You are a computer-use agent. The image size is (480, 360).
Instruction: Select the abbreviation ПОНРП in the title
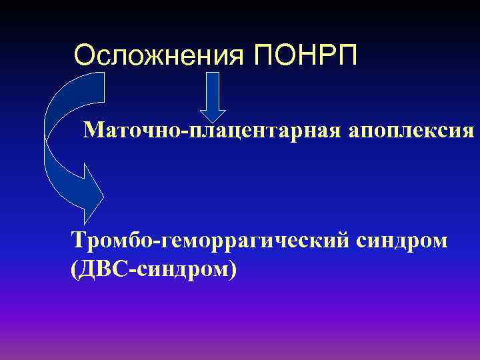[x=306, y=55]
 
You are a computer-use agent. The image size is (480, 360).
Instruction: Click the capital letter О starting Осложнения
[x=84, y=55]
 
